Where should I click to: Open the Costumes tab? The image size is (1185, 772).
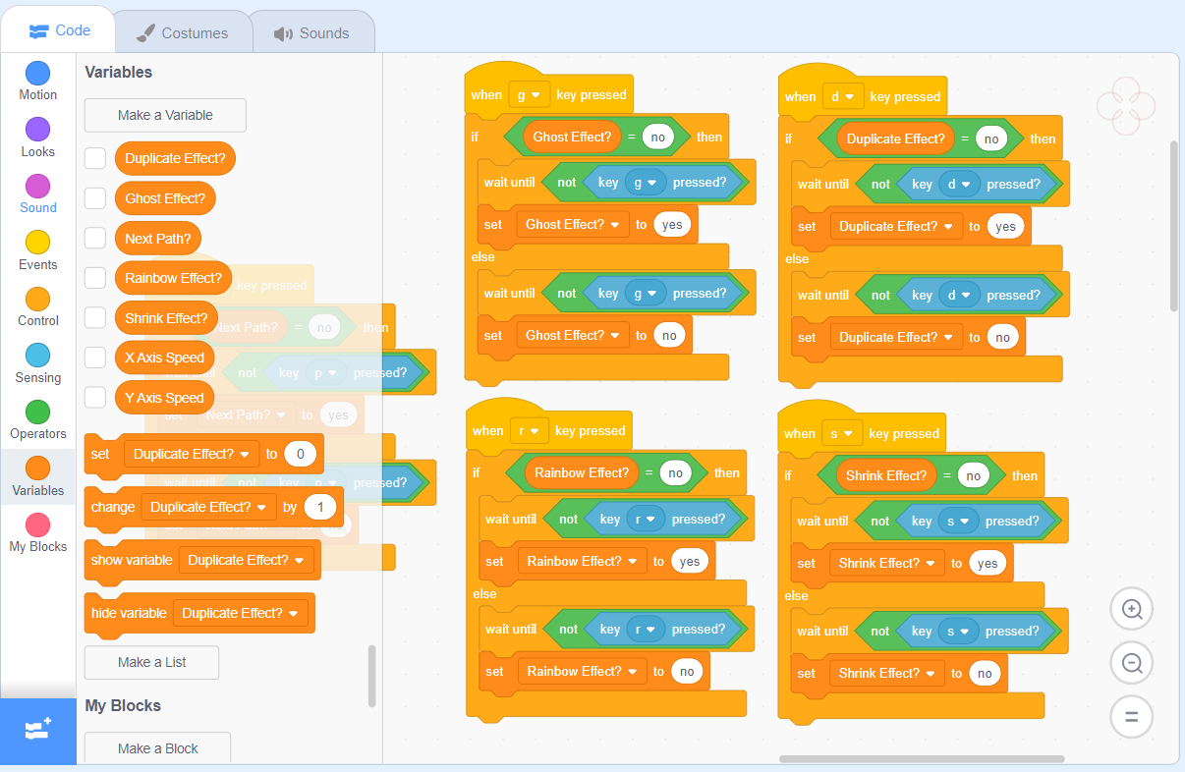(182, 33)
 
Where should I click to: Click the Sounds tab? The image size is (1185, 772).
(311, 33)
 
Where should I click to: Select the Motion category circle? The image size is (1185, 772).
(38, 74)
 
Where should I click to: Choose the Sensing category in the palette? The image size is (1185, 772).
(38, 356)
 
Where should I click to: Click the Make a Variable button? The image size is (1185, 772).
(165, 115)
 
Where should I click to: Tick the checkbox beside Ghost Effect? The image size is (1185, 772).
(95, 198)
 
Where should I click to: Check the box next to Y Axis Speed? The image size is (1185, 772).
(95, 398)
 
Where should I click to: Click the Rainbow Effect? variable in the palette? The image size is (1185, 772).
(173, 278)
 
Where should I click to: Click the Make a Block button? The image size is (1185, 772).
(157, 748)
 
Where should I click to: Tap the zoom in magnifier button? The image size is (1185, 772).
(1131, 610)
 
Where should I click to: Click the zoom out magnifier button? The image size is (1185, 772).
(1131, 663)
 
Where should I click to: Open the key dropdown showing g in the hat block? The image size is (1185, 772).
(529, 95)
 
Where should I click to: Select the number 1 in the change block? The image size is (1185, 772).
(319, 507)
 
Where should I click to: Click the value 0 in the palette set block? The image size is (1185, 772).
(300, 454)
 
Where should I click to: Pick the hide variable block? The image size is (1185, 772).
(129, 613)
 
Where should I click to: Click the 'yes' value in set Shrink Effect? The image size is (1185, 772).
(987, 563)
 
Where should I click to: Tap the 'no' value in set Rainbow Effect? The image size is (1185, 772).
(687, 672)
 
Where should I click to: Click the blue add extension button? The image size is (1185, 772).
(38, 731)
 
